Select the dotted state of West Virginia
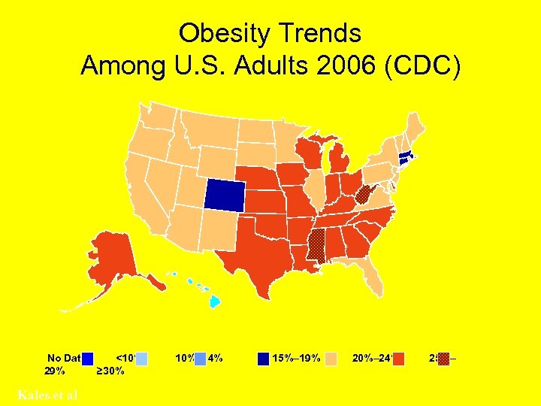364,196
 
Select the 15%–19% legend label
297,358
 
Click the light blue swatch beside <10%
141,359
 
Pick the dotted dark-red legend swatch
444,359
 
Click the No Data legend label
64,358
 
